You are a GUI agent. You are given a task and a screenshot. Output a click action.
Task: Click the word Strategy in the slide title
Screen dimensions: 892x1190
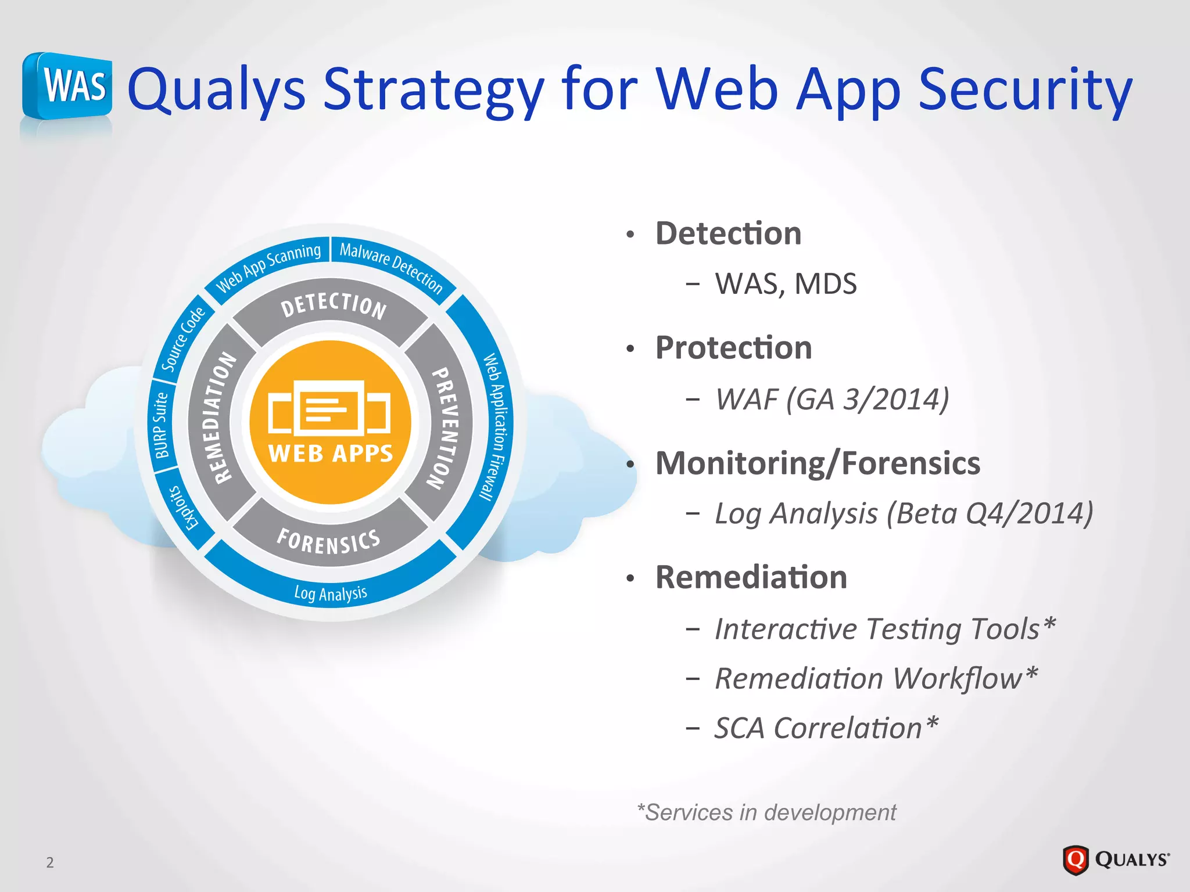point(433,90)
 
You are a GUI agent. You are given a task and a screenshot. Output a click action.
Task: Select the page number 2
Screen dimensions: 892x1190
point(50,862)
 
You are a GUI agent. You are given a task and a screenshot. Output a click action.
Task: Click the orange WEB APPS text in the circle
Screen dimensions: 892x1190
point(331,454)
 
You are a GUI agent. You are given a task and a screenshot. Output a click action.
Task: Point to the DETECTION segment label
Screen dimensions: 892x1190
point(334,305)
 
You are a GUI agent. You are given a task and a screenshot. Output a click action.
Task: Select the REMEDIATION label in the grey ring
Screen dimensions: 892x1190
point(217,418)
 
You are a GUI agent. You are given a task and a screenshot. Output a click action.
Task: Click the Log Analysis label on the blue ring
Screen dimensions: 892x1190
point(331,593)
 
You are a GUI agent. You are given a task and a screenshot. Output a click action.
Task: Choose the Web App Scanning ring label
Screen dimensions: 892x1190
point(268,268)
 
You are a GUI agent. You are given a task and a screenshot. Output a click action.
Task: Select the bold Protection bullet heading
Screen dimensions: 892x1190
point(733,348)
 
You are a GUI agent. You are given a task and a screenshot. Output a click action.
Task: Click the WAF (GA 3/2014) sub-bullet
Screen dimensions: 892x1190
point(831,400)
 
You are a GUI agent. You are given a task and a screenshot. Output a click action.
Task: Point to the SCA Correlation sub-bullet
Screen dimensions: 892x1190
point(826,728)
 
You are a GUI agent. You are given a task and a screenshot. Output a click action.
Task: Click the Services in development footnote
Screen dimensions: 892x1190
point(766,812)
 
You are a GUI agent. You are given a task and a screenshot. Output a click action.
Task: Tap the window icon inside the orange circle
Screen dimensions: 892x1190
point(329,408)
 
